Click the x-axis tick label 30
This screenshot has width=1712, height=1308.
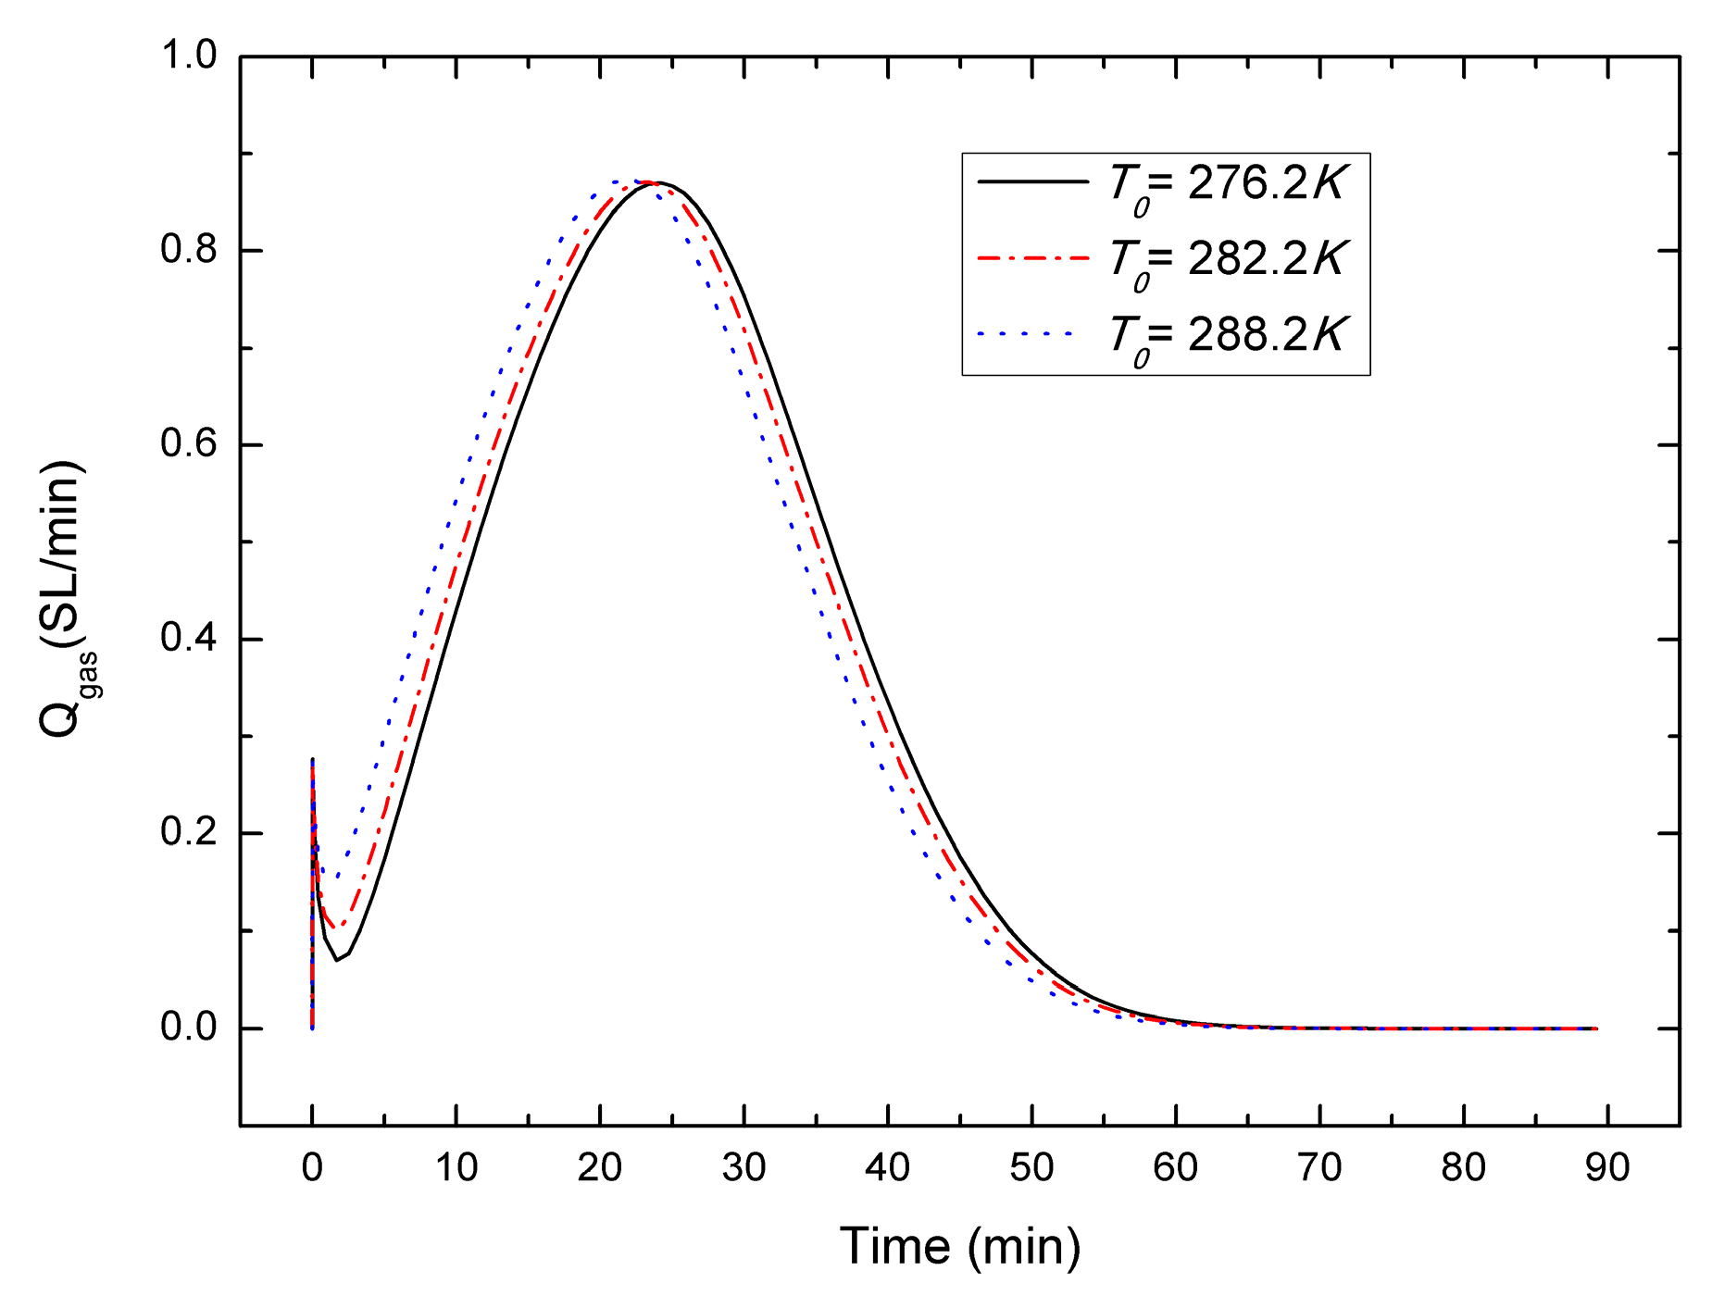[744, 1168]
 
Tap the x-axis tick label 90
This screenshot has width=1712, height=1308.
[1607, 1168]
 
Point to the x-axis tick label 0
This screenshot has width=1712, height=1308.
[312, 1168]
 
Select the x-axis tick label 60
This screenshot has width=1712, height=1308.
[1175, 1168]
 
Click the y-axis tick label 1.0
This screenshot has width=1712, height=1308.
[188, 56]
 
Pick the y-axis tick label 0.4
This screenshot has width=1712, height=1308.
[188, 639]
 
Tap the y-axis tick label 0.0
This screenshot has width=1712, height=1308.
[188, 1028]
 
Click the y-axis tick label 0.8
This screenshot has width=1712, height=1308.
[188, 250]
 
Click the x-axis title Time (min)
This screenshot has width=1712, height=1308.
[959, 1247]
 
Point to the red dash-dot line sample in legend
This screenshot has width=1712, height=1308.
[1032, 258]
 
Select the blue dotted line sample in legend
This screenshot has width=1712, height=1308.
[1026, 333]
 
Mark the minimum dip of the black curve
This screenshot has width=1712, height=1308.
[337, 959]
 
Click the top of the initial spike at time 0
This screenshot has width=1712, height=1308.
[312, 760]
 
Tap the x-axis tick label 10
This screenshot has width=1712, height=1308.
[456, 1168]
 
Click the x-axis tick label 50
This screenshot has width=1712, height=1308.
[1031, 1168]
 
